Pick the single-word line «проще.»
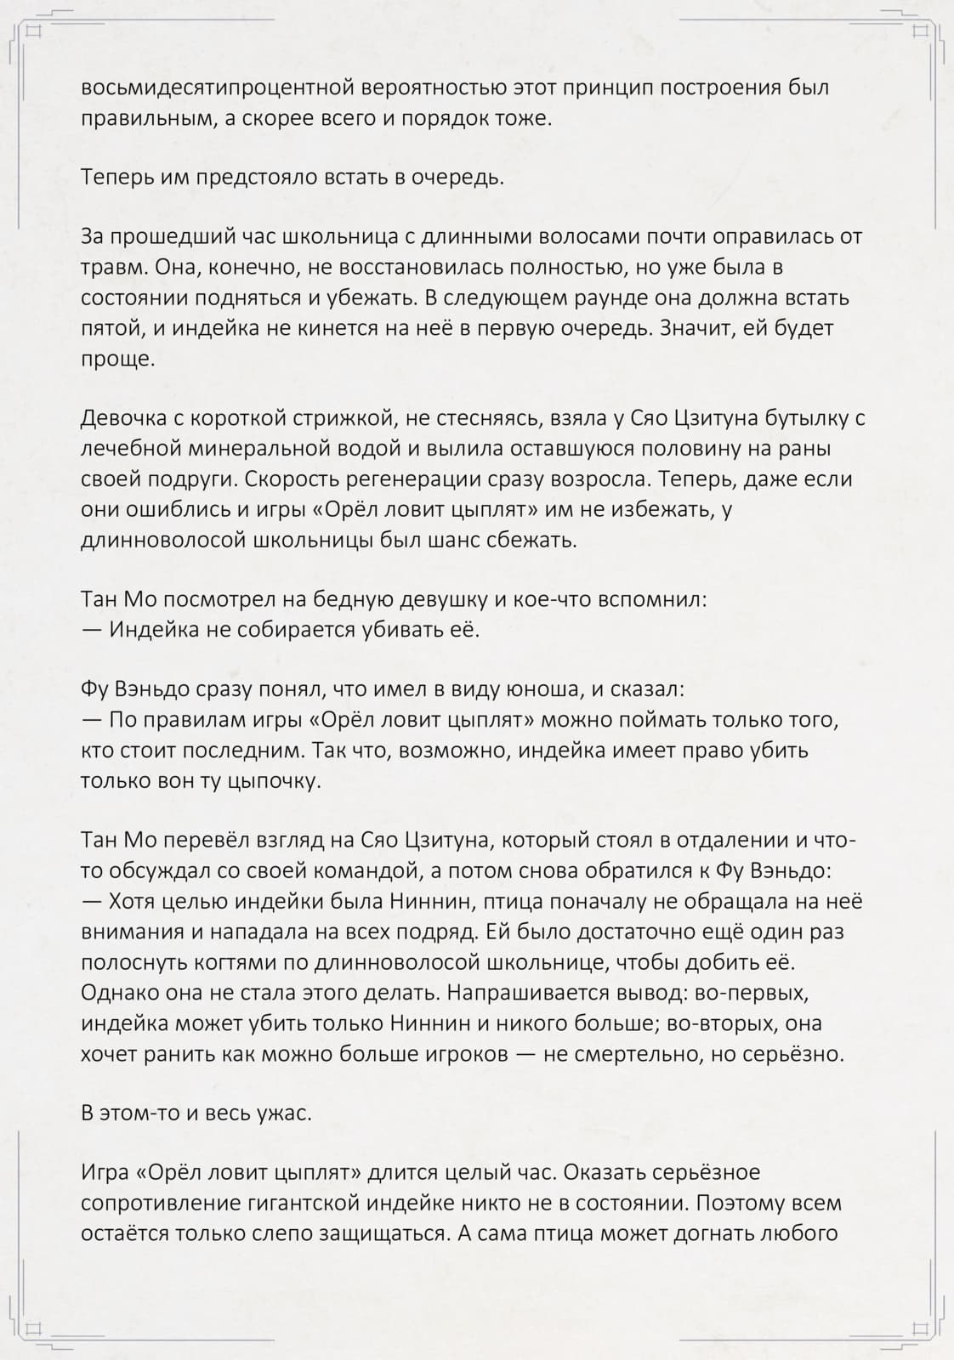(118, 359)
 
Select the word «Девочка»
(128, 418)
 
